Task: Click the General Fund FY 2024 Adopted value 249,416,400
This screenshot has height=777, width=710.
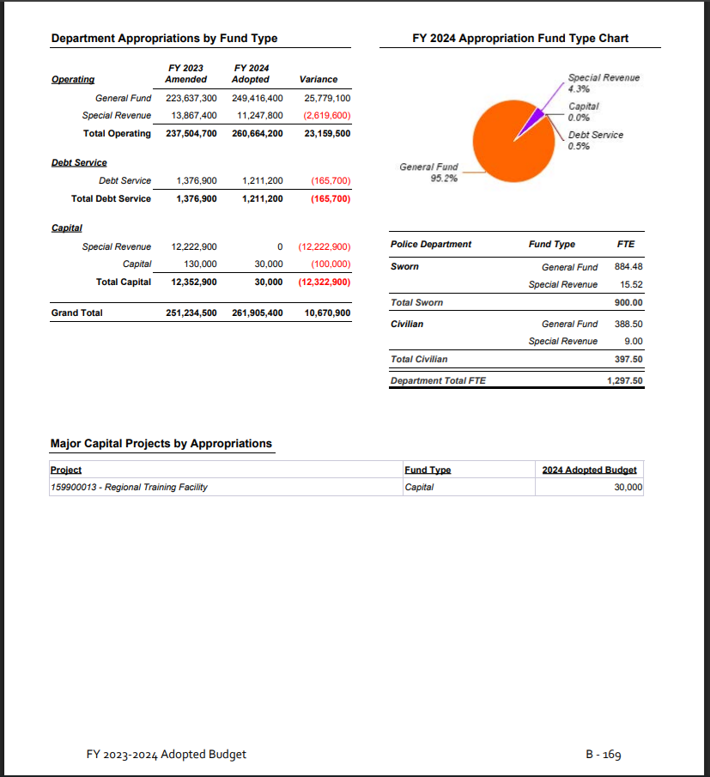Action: tap(258, 98)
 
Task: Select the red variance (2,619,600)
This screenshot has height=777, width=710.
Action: tap(327, 115)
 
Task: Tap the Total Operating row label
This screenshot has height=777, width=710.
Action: tap(117, 133)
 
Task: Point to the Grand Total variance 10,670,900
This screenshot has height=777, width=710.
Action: tap(327, 313)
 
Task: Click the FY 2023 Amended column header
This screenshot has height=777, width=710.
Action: tap(186, 73)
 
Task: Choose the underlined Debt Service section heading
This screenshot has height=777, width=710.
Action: tap(79, 162)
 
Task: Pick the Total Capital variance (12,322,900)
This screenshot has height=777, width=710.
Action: tap(325, 282)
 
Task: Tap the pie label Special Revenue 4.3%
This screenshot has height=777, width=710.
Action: tap(604, 82)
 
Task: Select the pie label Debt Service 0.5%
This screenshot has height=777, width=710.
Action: tap(595, 140)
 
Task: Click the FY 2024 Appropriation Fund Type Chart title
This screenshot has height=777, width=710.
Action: tap(520, 39)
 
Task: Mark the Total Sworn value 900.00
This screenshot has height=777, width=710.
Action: tap(628, 302)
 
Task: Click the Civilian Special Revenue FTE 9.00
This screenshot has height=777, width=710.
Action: tap(634, 341)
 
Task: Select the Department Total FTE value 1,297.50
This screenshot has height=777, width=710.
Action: tap(624, 379)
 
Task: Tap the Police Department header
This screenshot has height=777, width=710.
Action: tap(431, 245)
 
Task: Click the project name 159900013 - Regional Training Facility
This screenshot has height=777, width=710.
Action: tap(129, 487)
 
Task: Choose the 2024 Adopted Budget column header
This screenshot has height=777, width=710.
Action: tap(589, 470)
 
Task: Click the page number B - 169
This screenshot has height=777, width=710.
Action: tap(603, 755)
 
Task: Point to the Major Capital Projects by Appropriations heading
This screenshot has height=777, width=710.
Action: tap(161, 444)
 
